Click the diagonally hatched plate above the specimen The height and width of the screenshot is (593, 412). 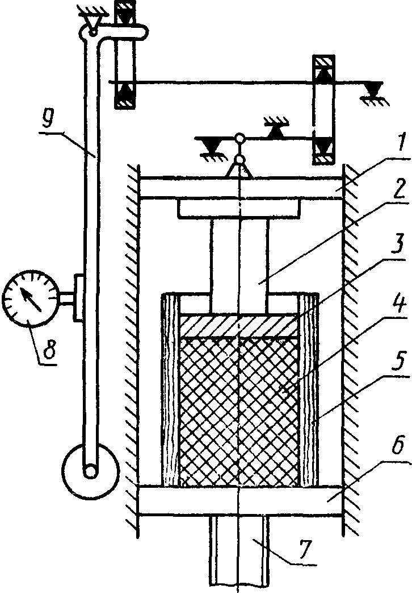point(238,326)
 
